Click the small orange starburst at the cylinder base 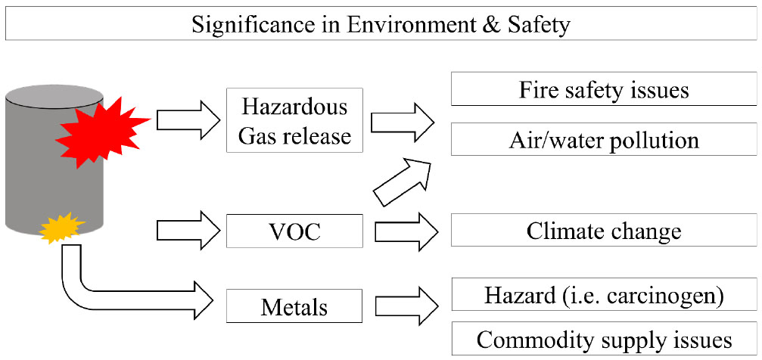[x=58, y=226]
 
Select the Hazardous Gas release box [x=294, y=121]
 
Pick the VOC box [x=294, y=231]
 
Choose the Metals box [x=294, y=307]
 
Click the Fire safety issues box [x=603, y=90]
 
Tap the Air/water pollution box [x=603, y=141]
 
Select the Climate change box [x=603, y=230]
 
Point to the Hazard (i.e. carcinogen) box [x=603, y=295]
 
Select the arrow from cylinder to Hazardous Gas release [x=186, y=119]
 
